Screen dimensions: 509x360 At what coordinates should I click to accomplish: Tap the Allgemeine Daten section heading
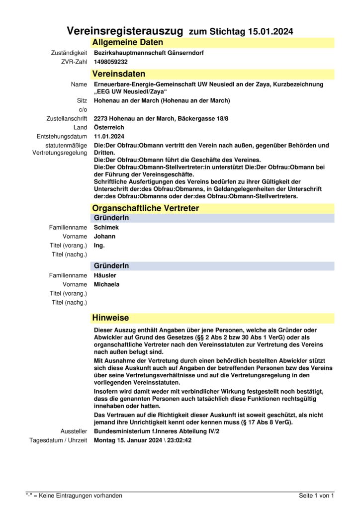[127, 43]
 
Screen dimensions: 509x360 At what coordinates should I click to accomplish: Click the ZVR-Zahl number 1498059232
[111, 62]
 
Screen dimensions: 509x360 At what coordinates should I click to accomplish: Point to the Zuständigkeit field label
[69, 53]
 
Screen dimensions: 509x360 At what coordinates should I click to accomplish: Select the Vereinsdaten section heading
[118, 74]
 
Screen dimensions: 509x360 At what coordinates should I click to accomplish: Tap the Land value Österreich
[109, 127]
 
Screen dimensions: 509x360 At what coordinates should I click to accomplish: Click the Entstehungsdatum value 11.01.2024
[109, 136]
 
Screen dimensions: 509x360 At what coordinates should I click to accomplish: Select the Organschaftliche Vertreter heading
[145, 208]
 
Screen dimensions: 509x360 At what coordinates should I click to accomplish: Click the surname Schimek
[106, 227]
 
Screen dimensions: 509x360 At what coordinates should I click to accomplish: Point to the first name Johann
[104, 236]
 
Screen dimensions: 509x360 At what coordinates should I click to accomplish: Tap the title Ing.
[99, 245]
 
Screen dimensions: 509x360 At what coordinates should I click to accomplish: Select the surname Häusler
[105, 275]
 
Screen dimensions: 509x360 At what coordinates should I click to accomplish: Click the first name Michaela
[106, 284]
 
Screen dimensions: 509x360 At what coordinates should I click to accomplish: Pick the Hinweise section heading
[110, 318]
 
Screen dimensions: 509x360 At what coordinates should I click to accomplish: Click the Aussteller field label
[74, 431]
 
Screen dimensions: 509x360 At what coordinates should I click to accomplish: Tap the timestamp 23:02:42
[180, 440]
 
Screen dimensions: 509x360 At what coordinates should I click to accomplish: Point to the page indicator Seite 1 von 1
[316, 496]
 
